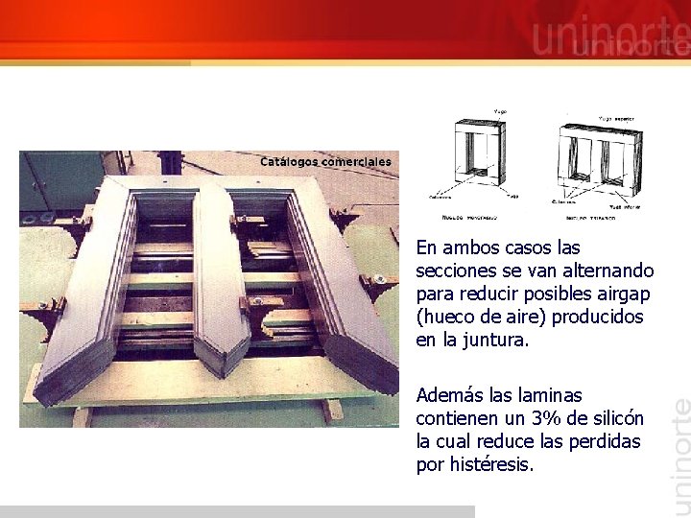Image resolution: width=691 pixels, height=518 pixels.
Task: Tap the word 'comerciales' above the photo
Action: point(356,161)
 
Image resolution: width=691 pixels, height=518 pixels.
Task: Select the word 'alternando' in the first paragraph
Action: point(608,271)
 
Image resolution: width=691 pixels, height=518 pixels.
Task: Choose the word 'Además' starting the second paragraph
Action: point(450,395)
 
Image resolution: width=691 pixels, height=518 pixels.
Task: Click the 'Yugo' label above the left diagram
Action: point(499,112)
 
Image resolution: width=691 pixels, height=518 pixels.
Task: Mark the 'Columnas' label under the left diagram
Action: point(442,199)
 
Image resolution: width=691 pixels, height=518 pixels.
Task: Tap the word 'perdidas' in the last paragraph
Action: point(609,441)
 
